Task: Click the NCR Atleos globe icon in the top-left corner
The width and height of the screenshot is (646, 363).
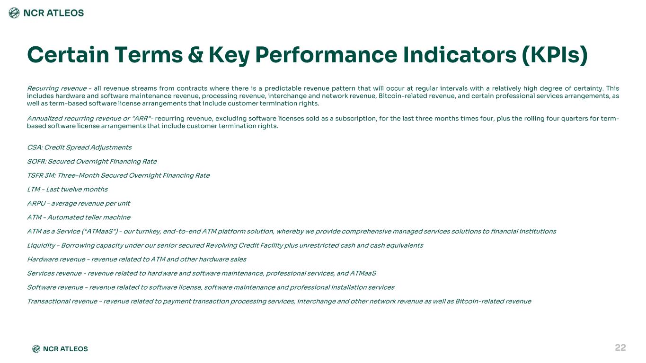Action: tap(14, 13)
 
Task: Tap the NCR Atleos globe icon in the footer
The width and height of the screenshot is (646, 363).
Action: tap(36, 349)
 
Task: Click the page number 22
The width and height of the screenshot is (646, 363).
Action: tap(620, 347)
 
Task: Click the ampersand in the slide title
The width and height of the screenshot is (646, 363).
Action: tap(195, 55)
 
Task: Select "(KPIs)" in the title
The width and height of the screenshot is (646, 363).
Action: tap(555, 55)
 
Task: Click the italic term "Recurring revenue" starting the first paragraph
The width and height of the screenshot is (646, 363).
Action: tap(57, 88)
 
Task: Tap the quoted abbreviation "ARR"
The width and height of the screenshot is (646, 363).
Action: tap(142, 119)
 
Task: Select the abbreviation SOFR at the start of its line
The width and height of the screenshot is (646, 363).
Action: tap(36, 161)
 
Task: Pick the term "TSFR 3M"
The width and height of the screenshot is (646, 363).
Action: tap(41, 175)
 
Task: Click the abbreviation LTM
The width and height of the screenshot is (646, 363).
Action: tap(34, 189)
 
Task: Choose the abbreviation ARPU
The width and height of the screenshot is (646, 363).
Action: tap(36, 203)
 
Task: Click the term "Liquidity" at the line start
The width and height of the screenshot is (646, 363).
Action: tap(41, 245)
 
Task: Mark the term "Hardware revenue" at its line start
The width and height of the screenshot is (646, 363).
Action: tap(56, 259)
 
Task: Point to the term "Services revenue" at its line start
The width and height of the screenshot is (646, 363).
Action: tap(54, 273)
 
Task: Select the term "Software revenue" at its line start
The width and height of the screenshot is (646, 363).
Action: tap(55, 287)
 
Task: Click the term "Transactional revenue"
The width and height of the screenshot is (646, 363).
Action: tap(62, 301)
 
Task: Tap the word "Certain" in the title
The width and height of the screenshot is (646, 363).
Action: tap(68, 55)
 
